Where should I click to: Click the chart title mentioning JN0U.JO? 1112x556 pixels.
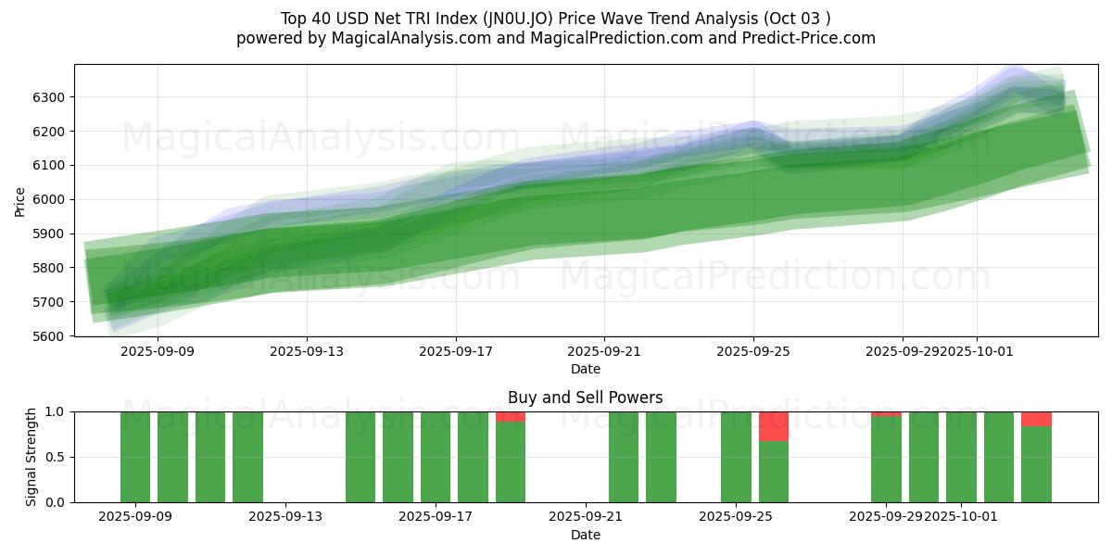click(555, 19)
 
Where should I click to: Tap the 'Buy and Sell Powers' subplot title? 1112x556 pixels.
click(585, 398)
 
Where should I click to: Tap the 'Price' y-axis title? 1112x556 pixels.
click(20, 200)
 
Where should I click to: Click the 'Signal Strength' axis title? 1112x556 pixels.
click(32, 457)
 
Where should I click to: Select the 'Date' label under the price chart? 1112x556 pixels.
click(585, 369)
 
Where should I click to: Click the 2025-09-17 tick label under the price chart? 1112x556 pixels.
click(455, 352)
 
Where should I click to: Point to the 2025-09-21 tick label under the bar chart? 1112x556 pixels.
click(586, 517)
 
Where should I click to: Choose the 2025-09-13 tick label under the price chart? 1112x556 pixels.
click(307, 352)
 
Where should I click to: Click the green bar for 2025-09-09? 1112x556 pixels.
click(135, 457)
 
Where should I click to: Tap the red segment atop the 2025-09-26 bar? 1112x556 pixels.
click(774, 426)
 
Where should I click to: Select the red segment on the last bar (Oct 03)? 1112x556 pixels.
click(1036, 419)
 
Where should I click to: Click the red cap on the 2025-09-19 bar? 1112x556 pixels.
click(511, 416)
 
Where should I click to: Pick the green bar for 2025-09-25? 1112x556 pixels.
click(736, 457)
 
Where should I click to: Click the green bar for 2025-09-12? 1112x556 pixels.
click(247, 457)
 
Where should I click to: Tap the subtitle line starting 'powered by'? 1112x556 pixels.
click(555, 38)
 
